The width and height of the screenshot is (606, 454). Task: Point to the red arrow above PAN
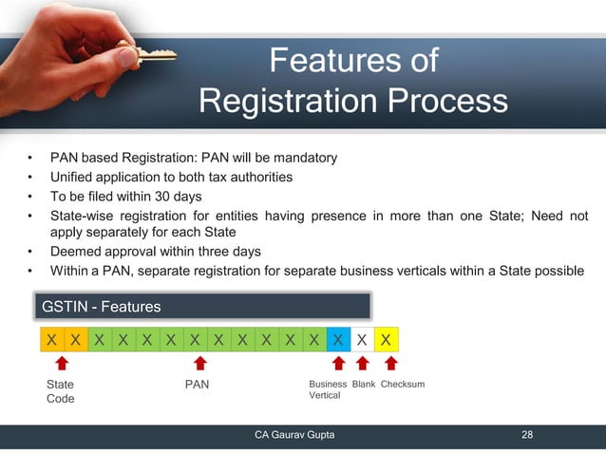[200, 365]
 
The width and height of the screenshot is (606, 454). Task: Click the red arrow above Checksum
[389, 365]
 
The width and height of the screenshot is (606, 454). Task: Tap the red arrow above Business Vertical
[337, 365]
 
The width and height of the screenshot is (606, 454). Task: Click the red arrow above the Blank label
[363, 365]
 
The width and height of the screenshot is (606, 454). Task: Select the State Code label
[60, 391]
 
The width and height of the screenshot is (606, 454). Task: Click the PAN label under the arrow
[197, 385]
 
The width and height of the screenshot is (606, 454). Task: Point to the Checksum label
[402, 384]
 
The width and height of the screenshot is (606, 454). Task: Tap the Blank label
[364, 384]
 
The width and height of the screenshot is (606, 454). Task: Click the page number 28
[527, 435]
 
